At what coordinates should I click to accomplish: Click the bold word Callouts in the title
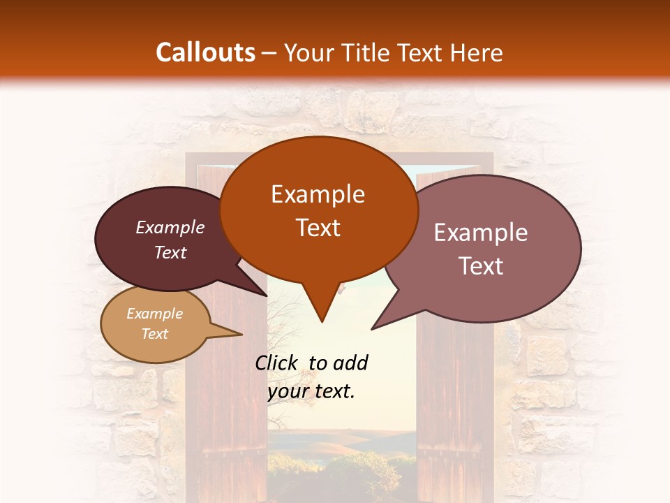(x=205, y=52)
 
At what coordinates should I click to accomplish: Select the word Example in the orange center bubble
(x=318, y=194)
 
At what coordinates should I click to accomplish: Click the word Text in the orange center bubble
(x=318, y=228)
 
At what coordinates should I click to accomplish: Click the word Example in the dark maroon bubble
(x=170, y=228)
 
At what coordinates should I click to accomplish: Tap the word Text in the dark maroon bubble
(x=170, y=252)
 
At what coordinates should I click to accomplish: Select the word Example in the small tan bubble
(x=155, y=314)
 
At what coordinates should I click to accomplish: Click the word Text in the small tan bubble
(x=155, y=334)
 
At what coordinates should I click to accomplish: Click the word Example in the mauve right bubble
(x=481, y=233)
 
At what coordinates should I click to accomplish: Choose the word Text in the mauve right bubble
(x=481, y=266)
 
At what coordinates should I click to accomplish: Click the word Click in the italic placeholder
(x=277, y=363)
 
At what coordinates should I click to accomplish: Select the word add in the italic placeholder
(x=351, y=363)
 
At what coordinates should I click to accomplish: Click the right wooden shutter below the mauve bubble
(x=454, y=405)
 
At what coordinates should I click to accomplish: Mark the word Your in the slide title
(x=307, y=53)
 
